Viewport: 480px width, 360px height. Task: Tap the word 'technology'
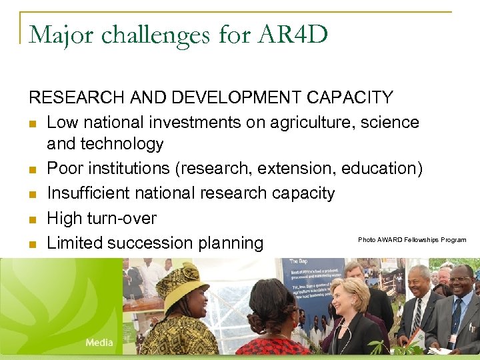tap(123, 144)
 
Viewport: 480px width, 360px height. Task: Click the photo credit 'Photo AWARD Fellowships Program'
tap(411, 240)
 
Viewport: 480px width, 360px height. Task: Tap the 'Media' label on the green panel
tap(99, 343)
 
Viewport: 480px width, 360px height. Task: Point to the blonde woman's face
tap(349, 297)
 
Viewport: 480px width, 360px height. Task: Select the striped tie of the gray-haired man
tap(416, 317)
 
